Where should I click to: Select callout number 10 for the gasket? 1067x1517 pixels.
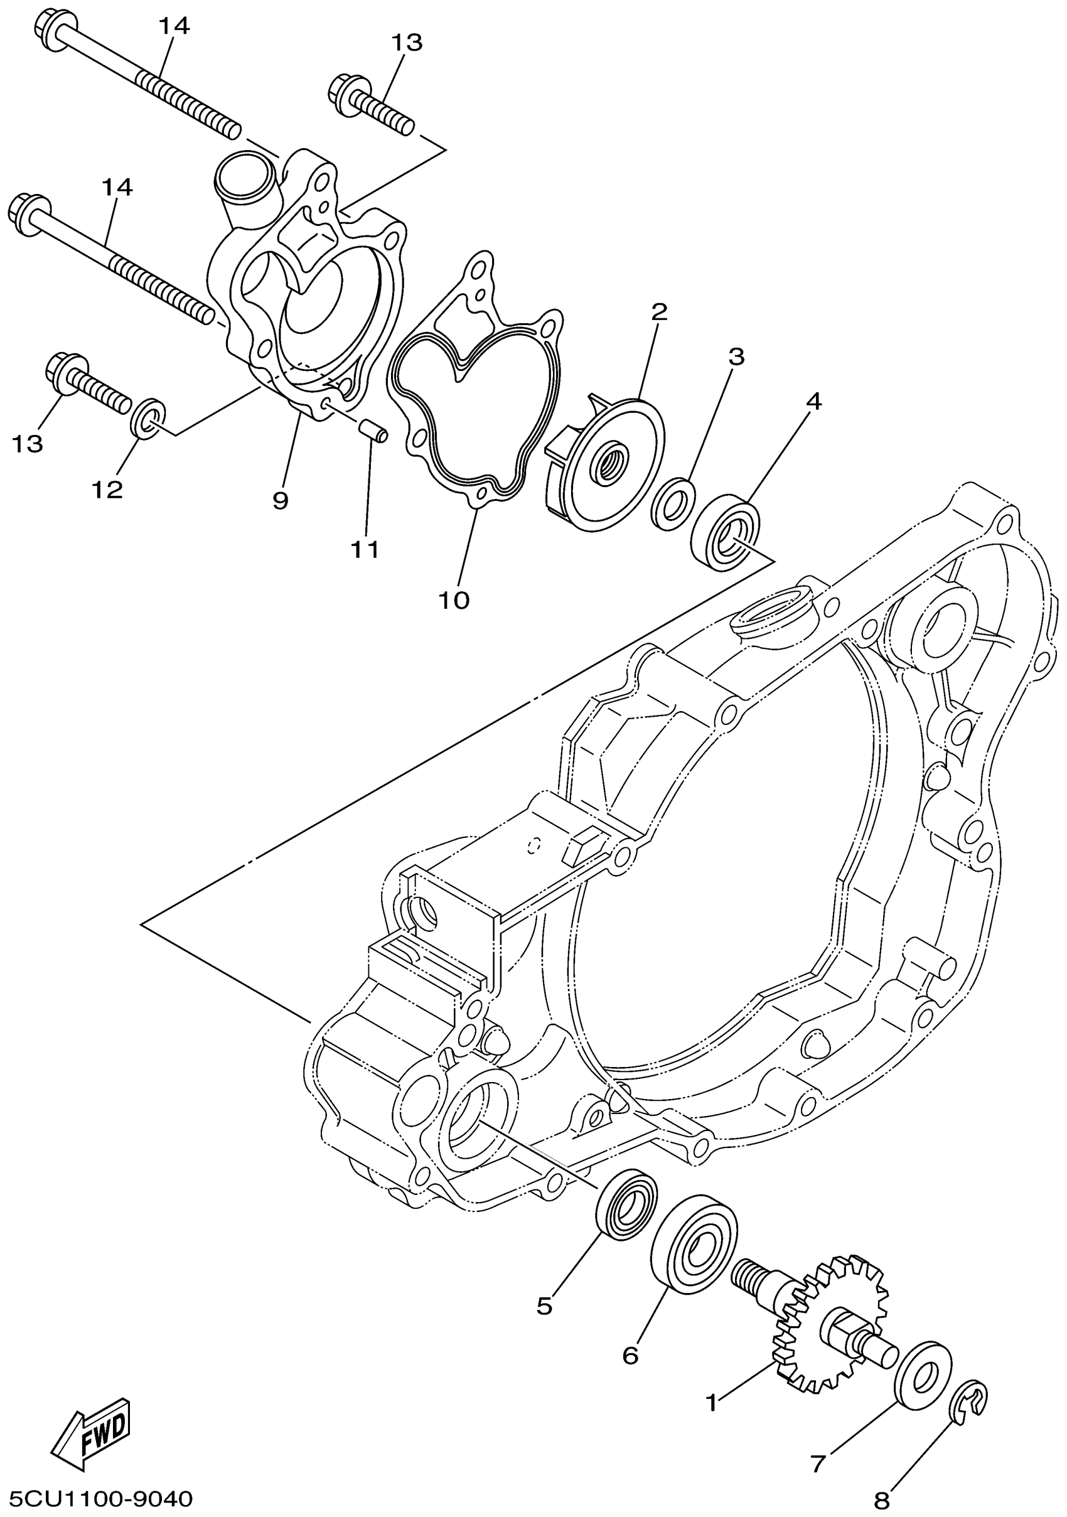[x=454, y=600]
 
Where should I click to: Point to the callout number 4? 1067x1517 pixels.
[x=813, y=401]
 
